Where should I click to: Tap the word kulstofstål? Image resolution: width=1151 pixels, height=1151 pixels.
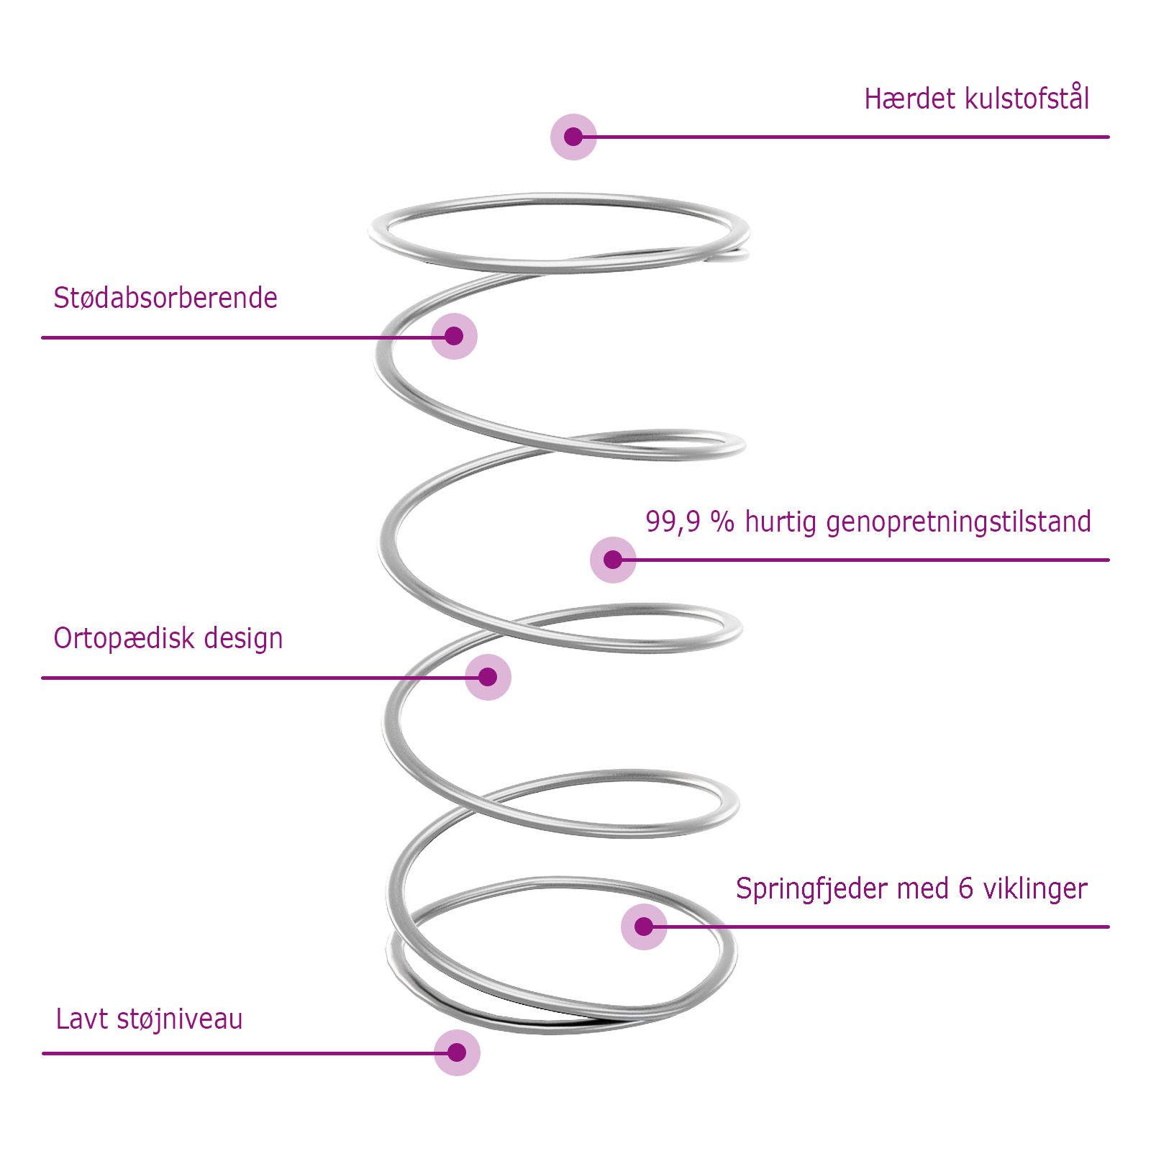[1027, 99]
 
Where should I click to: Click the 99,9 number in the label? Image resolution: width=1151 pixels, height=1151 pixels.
[672, 522]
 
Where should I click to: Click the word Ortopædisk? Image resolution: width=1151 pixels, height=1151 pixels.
[124, 639]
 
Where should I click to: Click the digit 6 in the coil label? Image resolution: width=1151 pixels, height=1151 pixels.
[965, 889]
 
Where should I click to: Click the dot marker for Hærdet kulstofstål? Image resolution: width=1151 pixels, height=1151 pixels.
[573, 137]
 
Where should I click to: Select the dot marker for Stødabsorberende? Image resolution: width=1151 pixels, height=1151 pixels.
[454, 336]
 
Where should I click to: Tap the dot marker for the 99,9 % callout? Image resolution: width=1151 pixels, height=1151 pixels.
[613, 560]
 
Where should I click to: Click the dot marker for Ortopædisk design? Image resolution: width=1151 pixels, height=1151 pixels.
[488, 677]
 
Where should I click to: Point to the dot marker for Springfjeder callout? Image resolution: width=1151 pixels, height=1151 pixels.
[644, 927]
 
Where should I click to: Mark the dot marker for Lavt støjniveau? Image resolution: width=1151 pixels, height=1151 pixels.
[457, 1052]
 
